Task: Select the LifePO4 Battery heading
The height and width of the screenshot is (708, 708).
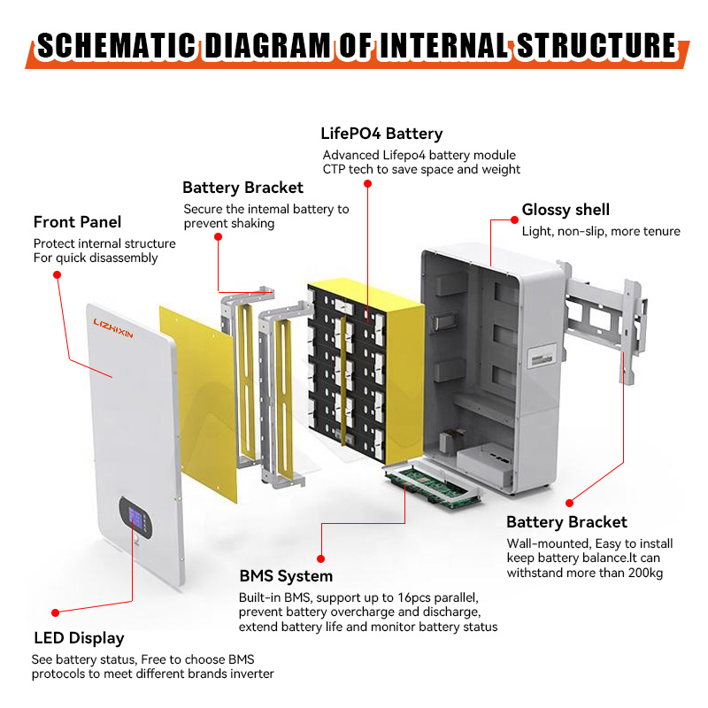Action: coord(381,135)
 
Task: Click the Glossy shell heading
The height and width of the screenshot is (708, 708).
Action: coord(566,210)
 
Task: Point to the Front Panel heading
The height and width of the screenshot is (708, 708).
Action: coord(77,222)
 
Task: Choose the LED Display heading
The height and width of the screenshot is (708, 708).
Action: coord(79,638)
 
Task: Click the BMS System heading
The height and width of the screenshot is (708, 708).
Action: coord(286,577)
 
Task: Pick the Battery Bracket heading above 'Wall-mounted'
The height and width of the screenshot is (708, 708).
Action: coord(566,522)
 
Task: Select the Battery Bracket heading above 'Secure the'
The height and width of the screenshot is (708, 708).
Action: coord(242,188)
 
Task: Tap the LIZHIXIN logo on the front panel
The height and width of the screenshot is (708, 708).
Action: coord(112,335)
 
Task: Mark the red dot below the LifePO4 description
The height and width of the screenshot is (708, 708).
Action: coord(368,184)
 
